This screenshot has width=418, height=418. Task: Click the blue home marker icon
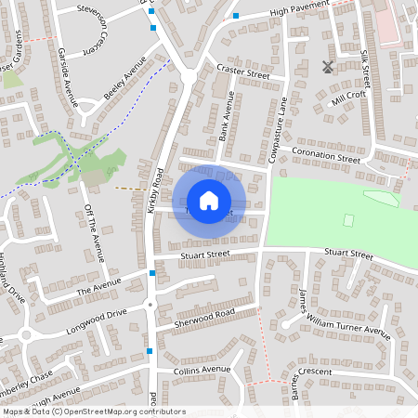[x=209, y=201]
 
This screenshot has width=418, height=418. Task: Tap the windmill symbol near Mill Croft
[x=327, y=67]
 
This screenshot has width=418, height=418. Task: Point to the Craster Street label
[x=242, y=71]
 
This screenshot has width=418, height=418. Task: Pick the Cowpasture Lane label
[x=276, y=136]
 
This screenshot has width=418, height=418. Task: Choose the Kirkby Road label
[x=154, y=193]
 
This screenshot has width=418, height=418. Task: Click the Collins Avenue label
[x=202, y=370]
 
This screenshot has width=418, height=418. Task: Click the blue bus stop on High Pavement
[x=237, y=16]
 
